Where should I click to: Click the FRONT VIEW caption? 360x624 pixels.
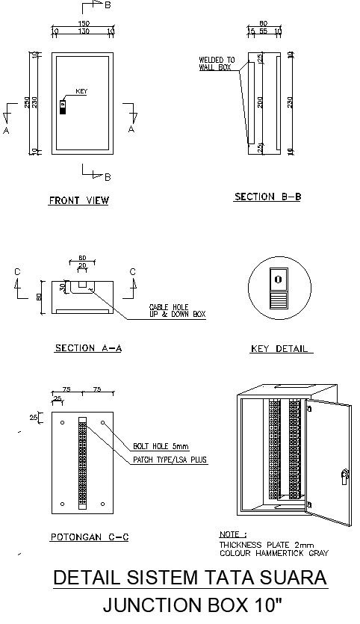click(78, 200)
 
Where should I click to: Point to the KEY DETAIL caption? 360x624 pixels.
click(280, 349)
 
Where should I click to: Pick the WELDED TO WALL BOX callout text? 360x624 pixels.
click(217, 64)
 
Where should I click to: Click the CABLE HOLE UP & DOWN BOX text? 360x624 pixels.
click(178, 311)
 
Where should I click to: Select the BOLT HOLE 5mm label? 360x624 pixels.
click(161, 446)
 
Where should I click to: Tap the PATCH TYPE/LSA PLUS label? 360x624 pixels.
click(170, 460)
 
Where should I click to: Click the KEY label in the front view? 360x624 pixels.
click(82, 91)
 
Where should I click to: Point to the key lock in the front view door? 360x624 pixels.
click(63, 106)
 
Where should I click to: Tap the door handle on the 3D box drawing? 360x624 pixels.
click(344, 475)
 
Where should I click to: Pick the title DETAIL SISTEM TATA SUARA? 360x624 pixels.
click(190, 578)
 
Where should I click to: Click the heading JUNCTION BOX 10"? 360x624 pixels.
click(190, 605)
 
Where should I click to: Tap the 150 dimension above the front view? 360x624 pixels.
click(84, 23)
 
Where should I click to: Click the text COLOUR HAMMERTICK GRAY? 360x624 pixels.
click(273, 553)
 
